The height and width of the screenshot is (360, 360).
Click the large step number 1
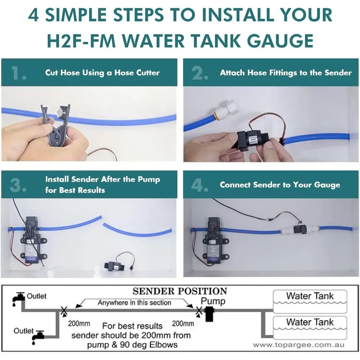click(18, 73)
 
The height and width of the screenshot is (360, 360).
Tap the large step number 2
click(200, 73)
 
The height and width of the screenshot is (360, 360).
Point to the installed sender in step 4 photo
click(300, 229)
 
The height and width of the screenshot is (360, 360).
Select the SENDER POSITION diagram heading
click(180, 291)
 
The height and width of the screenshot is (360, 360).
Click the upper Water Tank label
click(310, 296)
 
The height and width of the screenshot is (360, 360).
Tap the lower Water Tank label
click(310, 322)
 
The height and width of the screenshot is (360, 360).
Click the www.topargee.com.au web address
click(299, 345)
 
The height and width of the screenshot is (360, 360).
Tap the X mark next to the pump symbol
click(199, 311)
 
